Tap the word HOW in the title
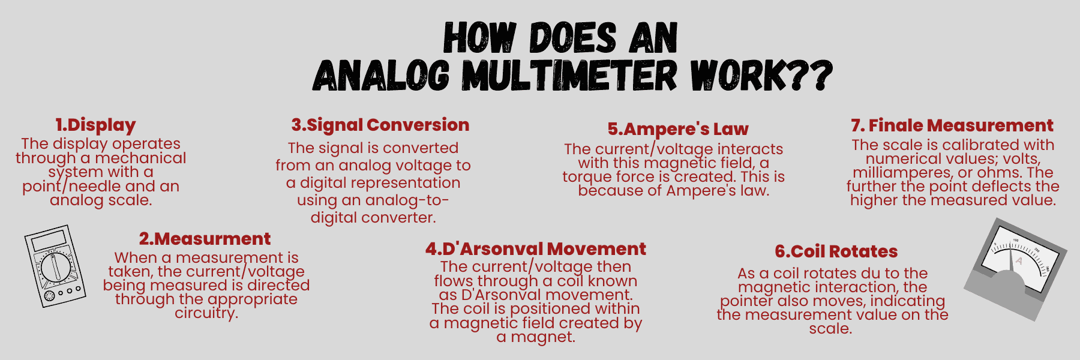tap(479, 38)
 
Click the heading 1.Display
tap(96, 125)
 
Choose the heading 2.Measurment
tap(205, 239)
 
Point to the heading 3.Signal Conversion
tap(380, 125)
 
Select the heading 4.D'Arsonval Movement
tap(536, 249)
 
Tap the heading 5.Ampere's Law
tap(678, 129)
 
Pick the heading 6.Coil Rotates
tap(836, 251)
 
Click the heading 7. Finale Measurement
tap(952, 125)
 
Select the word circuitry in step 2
tap(206, 313)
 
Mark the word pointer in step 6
tap(746, 301)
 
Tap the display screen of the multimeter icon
tap(49, 240)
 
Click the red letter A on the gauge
tap(1019, 261)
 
